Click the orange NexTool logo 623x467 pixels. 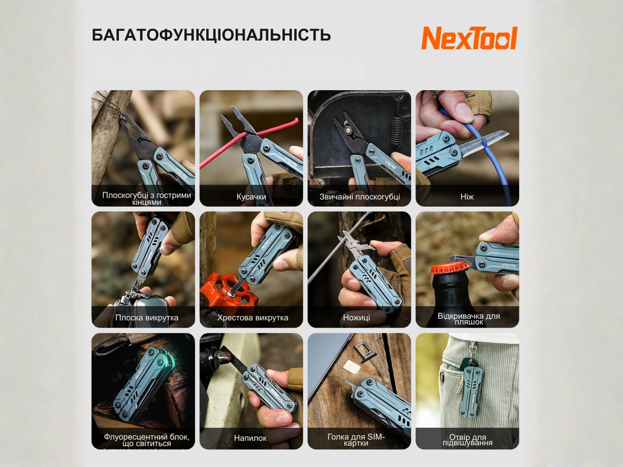[469, 38]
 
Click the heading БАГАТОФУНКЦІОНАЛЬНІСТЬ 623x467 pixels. [211, 35]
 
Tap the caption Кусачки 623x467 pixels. [251, 197]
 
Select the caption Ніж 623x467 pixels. [467, 197]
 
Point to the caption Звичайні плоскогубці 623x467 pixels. [359, 197]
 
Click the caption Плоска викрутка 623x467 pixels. [147, 317]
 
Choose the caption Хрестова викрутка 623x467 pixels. [252, 317]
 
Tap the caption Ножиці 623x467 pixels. [356, 317]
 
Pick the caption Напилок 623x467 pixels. [250, 438]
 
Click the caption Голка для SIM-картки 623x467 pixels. [356, 440]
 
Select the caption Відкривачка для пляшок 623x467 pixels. [468, 319]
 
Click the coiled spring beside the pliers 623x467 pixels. [397, 132]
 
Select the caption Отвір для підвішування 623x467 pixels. [468, 440]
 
